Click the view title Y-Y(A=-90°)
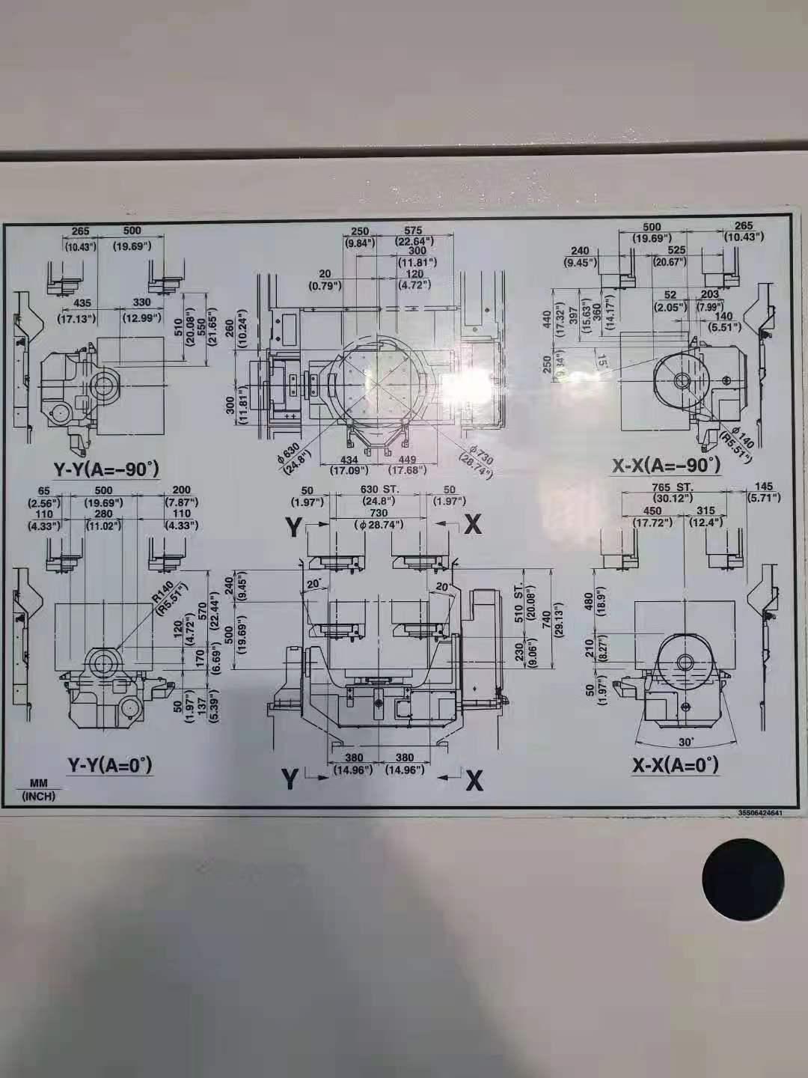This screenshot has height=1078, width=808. (105, 469)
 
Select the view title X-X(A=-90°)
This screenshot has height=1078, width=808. (666, 465)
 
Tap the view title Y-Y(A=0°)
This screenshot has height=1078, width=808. (109, 764)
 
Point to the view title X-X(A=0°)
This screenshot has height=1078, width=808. (675, 764)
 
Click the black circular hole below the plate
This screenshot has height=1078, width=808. (743, 879)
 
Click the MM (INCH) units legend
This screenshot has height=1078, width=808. (38, 790)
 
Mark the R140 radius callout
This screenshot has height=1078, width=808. (161, 591)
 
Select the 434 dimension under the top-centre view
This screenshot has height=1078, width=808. (349, 460)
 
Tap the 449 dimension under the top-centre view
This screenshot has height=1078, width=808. (407, 460)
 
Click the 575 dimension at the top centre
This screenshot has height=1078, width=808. (413, 231)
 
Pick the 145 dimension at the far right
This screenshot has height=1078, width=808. (764, 487)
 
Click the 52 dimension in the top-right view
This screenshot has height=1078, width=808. (670, 295)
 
